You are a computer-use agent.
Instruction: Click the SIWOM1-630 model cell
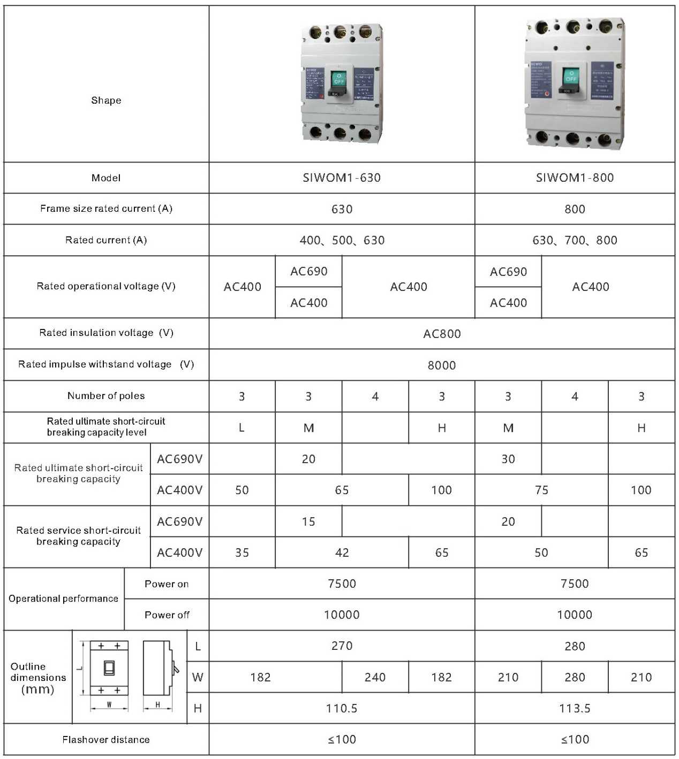pyautogui.click(x=342, y=178)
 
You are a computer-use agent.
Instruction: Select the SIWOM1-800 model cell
pyautogui.click(x=575, y=178)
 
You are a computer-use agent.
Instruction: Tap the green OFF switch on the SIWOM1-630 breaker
pyautogui.click(x=338, y=79)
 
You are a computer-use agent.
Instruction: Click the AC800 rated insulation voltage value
pyautogui.click(x=442, y=334)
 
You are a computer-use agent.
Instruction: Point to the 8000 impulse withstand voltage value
pyautogui.click(x=442, y=365)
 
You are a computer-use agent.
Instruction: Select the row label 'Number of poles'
pyautogui.click(x=106, y=396)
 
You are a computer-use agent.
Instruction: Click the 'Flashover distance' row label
pyautogui.click(x=106, y=740)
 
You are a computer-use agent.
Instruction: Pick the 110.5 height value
pyautogui.click(x=342, y=709)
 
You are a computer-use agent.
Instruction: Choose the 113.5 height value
pyautogui.click(x=575, y=709)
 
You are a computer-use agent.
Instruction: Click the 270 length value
pyautogui.click(x=342, y=646)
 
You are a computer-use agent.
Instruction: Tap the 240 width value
pyautogui.click(x=375, y=678)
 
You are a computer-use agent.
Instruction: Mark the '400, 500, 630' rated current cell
pyautogui.click(x=342, y=240)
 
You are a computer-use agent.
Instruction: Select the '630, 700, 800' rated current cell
pyautogui.click(x=575, y=240)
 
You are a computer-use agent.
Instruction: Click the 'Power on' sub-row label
pyautogui.click(x=167, y=584)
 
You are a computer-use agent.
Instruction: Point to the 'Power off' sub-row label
pyautogui.click(x=167, y=615)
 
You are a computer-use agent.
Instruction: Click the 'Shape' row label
pyautogui.click(x=106, y=101)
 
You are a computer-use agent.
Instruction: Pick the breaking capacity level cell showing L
pyautogui.click(x=242, y=428)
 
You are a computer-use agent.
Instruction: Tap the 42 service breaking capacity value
pyautogui.click(x=342, y=553)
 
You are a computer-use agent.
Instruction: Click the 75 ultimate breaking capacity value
pyautogui.click(x=541, y=490)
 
